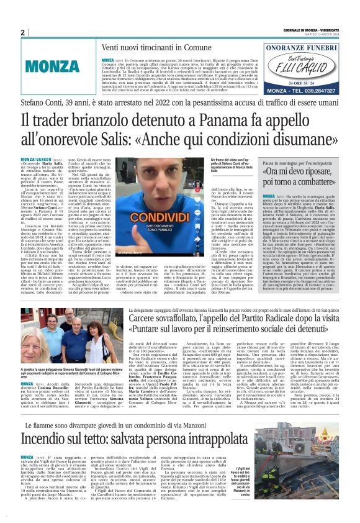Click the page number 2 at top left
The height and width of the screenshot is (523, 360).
tap(22, 33)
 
